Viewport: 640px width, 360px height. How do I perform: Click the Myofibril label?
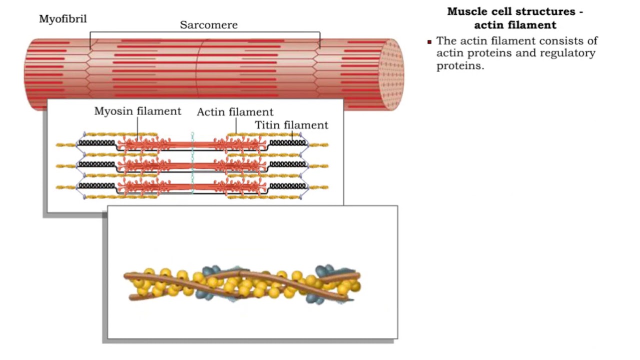pyautogui.click(x=63, y=19)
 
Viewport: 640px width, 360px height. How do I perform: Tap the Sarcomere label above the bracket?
pyautogui.click(x=208, y=25)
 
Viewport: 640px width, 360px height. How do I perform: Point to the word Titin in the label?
pyautogui.click(x=267, y=125)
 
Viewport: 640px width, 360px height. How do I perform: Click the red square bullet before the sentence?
pyautogui.click(x=429, y=42)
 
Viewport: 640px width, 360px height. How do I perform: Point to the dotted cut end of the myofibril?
pyautogui.click(x=391, y=74)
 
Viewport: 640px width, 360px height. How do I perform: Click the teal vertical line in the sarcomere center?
pyautogui.click(x=192, y=163)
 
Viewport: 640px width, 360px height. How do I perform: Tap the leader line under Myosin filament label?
pyautogui.click(x=137, y=129)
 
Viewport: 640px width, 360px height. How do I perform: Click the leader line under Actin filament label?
pyautogui.click(x=236, y=126)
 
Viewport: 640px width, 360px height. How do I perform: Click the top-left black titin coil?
pyautogui.click(x=96, y=142)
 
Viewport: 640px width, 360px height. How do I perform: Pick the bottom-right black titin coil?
pyautogui.click(x=287, y=185)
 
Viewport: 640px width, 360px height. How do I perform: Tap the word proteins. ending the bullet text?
pyautogui.click(x=460, y=66)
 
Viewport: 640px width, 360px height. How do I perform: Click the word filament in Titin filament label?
pyautogui.click(x=305, y=125)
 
